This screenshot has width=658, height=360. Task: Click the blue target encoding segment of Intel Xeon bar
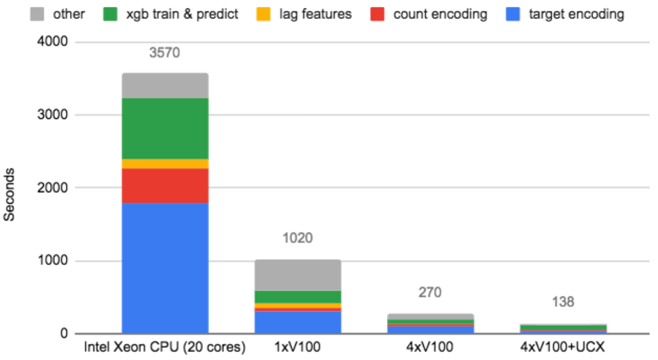(165, 267)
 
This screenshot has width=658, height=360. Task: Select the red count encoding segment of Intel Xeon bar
(165, 185)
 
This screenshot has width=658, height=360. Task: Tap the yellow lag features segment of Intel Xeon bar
(165, 164)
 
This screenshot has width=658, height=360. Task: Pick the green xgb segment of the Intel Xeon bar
(165, 128)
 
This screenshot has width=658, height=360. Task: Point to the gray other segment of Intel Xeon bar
(165, 86)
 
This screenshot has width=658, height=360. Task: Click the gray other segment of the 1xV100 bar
(298, 275)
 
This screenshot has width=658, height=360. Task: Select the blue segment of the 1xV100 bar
(298, 322)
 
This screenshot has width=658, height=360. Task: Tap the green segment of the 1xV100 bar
(298, 297)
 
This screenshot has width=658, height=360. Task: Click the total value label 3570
(165, 53)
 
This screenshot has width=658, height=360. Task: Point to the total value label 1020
(298, 238)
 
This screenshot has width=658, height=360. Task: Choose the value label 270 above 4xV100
(430, 292)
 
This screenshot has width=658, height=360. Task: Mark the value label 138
(563, 302)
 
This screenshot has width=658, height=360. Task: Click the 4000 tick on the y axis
(54, 42)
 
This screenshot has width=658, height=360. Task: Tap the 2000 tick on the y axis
(54, 188)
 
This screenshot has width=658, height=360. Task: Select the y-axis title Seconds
(10, 194)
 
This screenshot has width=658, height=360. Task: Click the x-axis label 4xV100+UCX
(563, 347)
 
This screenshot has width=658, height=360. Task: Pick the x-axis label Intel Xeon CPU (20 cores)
(165, 347)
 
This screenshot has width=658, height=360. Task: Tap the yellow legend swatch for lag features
(265, 14)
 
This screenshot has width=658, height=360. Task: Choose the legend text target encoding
(576, 14)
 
